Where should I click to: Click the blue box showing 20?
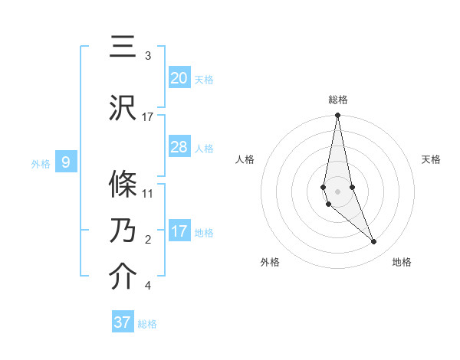pos(179,77)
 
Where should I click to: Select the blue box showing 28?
pos(179,147)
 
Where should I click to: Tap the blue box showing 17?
pos(179,231)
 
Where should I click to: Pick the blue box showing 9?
pos(66,162)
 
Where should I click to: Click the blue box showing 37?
pos(123,322)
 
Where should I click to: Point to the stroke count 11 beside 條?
pos(148,194)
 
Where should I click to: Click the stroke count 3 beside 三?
pos(147,56)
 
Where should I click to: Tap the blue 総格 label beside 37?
pos(147,324)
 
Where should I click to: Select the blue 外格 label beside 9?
pos(41,163)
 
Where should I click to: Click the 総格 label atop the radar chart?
pos(337,100)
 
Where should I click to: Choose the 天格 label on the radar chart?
pos(432,159)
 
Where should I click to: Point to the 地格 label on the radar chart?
pos(402,262)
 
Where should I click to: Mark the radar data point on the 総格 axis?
pos(337,116)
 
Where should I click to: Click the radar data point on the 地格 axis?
pos(374,242)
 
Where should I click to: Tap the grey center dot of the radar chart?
pos(337,191)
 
